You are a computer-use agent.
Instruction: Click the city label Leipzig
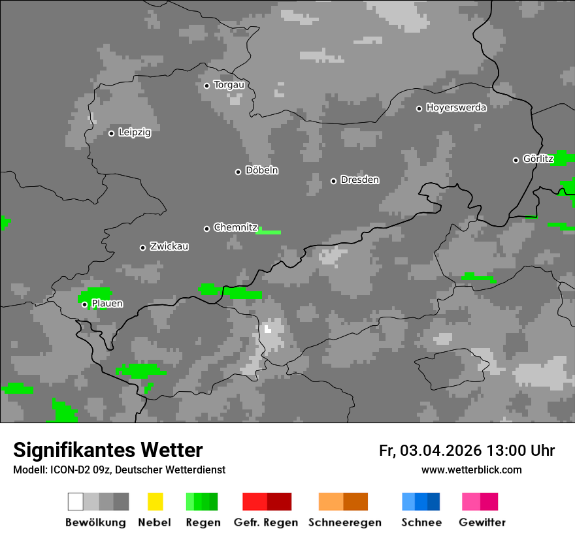[x=135, y=133]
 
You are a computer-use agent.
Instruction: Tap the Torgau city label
[x=229, y=85]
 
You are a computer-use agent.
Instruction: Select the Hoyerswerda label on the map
[x=456, y=108]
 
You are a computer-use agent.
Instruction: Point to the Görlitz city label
[x=538, y=159]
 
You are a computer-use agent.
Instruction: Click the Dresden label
[x=359, y=180]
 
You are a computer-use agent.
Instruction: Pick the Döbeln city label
[x=261, y=170]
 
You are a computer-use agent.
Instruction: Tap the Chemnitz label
[x=235, y=228]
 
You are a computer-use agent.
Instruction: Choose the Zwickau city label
[x=169, y=247]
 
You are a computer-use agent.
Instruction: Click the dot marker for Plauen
[x=84, y=304]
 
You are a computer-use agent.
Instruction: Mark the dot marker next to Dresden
[x=333, y=181]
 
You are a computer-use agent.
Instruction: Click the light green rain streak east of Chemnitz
[x=269, y=232]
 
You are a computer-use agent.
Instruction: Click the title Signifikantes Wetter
[x=108, y=451]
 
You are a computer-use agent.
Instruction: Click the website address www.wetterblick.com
[x=471, y=470]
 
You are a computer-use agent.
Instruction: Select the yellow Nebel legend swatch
[x=155, y=502]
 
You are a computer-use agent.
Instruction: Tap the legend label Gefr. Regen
[x=265, y=522]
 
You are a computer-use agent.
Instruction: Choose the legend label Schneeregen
[x=344, y=522]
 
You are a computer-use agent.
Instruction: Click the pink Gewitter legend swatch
[x=471, y=502]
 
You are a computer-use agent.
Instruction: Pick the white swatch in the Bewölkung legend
[x=76, y=502]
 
